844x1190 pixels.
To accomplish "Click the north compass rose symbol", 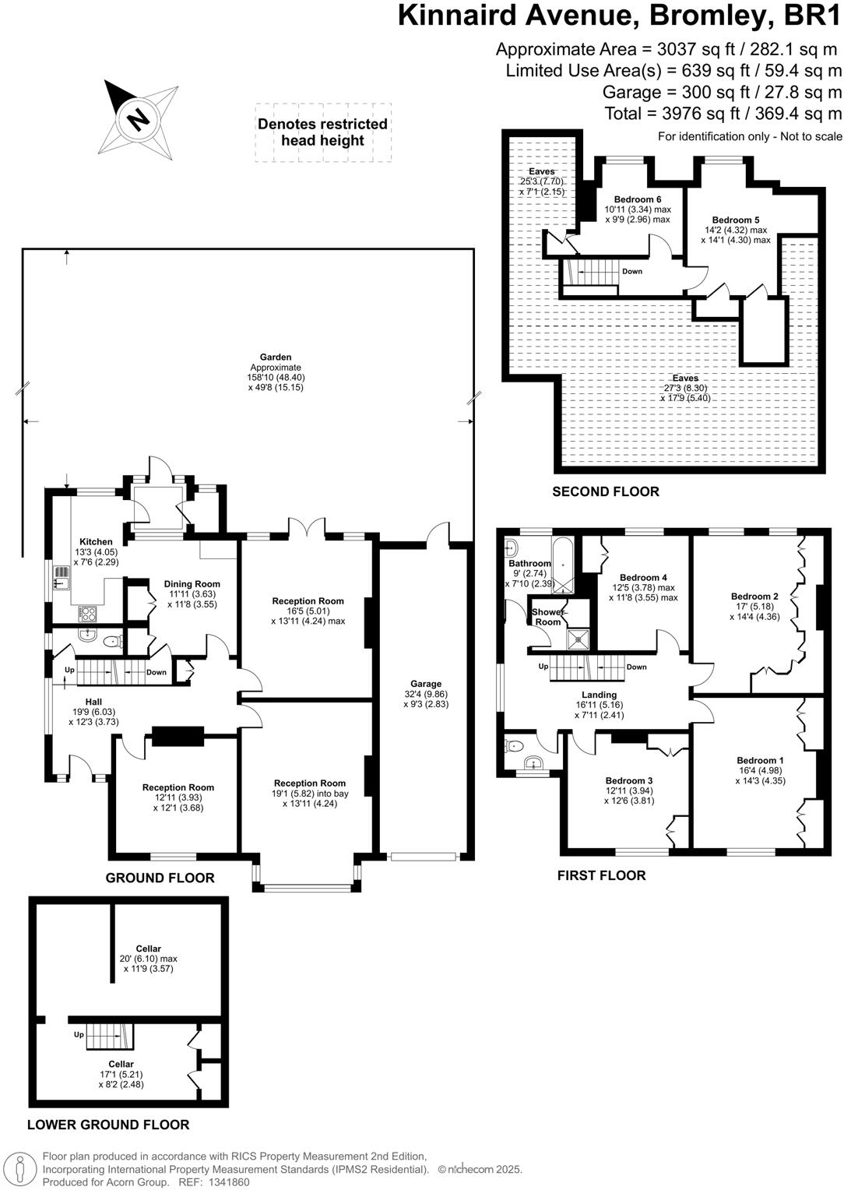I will (137, 119).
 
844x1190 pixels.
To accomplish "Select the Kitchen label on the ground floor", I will (96, 542).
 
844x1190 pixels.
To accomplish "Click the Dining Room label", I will (192, 584).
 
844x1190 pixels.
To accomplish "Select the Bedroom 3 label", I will (628, 780).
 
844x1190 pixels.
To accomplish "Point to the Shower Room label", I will (547, 617).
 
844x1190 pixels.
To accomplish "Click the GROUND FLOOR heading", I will (160, 878).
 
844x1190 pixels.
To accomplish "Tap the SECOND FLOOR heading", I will (605, 492).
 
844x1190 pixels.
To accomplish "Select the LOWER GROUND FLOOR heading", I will (108, 1125).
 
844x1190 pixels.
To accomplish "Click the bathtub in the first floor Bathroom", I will (563, 562).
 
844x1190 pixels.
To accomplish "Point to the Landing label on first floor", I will (599, 695).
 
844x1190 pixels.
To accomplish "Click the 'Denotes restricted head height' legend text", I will (322, 132).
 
